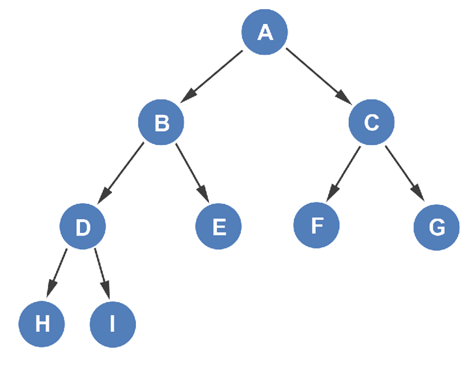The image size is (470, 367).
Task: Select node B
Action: (161, 122)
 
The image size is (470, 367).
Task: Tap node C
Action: (371, 122)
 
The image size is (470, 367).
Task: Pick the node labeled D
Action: (83, 226)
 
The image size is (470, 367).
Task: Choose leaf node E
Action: (219, 226)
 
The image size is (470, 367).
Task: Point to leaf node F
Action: (317, 226)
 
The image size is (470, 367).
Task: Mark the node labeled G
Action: (437, 227)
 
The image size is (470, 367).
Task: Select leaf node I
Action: (113, 324)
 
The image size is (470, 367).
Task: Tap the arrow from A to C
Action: (319, 76)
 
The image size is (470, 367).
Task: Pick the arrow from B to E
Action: (191, 172)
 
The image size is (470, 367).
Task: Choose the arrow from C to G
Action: (404, 173)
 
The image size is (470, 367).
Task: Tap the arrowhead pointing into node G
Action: (419, 195)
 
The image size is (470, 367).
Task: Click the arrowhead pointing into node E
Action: (203, 195)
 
